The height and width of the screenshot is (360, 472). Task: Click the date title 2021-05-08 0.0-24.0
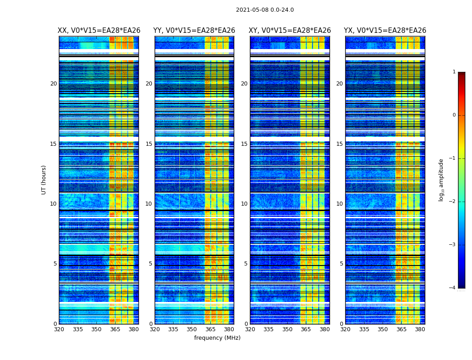265,10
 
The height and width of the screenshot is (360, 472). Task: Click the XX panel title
99,31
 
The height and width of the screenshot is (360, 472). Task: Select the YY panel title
194,31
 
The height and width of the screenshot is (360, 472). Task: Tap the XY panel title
290,31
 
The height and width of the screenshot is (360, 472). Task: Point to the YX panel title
385,31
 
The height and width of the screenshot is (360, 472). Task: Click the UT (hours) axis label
44,180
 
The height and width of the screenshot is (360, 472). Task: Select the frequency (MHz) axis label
217,338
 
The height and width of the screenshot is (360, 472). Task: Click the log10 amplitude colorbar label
441,180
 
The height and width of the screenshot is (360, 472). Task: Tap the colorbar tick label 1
454,72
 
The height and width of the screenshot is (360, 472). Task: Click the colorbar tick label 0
454,115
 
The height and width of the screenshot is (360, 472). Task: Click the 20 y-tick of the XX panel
53,84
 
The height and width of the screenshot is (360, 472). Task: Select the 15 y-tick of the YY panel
149,144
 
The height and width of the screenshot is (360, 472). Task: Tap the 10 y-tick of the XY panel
244,204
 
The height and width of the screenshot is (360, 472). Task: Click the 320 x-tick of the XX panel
59,329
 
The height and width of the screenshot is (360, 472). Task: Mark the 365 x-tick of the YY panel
210,329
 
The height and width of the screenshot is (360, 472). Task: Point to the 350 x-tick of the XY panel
287,329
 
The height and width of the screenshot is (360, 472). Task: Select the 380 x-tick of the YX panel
420,329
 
